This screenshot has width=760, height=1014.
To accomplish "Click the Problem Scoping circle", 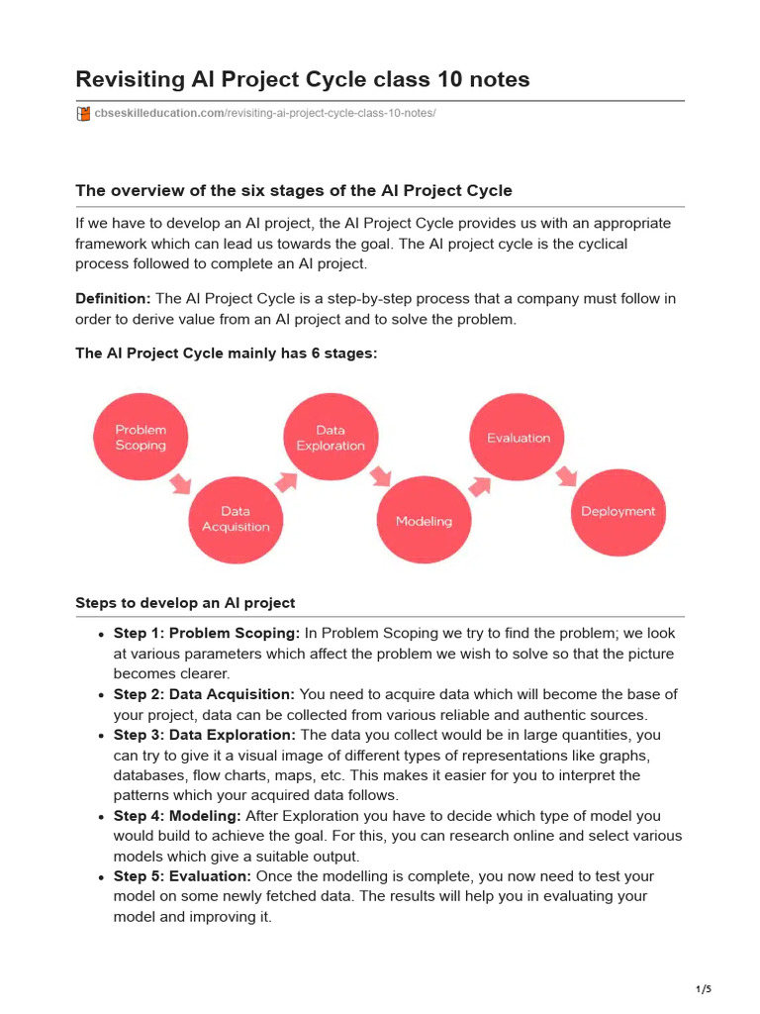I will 141,438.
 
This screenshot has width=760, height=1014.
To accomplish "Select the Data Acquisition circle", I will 236,519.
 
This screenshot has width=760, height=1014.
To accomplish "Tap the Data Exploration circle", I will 331,438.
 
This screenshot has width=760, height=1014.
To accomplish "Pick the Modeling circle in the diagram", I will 424,521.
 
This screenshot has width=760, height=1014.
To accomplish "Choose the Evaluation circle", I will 519,438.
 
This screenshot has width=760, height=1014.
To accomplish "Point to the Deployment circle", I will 617,512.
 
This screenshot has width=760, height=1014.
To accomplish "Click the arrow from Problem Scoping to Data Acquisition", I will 179,483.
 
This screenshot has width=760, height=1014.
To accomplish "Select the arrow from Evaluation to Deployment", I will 566,477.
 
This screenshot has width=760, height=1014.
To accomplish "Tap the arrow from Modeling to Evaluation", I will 479,485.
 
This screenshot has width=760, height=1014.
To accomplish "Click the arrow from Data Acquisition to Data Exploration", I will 286,481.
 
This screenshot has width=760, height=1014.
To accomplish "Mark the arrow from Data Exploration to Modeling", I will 380,477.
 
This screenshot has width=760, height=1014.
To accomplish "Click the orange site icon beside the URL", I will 83,114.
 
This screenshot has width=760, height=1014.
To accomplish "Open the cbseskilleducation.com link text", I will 159,114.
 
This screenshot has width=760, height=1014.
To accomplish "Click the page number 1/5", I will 704,989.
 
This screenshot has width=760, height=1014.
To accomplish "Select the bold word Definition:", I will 113,298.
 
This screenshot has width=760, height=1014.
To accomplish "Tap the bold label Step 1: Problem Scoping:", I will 206,633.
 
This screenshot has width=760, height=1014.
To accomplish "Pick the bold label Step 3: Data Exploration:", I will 204,735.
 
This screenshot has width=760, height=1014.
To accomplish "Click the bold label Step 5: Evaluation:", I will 182,876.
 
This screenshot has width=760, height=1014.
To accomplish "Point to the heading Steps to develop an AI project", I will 185,603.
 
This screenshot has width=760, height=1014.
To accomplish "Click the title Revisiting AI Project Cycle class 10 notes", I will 303,79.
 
